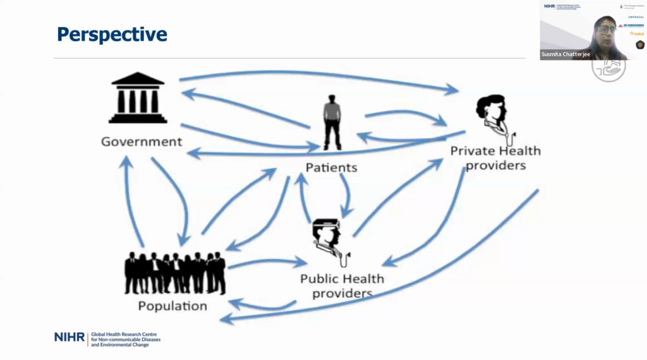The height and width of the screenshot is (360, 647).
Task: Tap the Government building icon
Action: [x=138, y=97]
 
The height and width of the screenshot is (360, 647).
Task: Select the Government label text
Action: [x=142, y=141]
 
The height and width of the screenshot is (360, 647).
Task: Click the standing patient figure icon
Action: [x=332, y=123]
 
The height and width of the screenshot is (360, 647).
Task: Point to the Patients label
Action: [x=331, y=167]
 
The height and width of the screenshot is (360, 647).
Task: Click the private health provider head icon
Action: [x=492, y=114]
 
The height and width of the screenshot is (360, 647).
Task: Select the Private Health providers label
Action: [x=495, y=158]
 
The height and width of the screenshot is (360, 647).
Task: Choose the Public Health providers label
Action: [x=342, y=285]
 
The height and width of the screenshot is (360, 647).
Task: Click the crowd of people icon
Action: [x=175, y=272]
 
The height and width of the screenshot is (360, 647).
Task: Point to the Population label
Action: [x=172, y=306]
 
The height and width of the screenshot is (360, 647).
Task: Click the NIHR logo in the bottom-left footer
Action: [x=69, y=337]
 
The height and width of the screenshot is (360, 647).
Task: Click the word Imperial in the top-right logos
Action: [x=635, y=16]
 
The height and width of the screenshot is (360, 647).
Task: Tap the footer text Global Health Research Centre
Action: [x=124, y=334]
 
